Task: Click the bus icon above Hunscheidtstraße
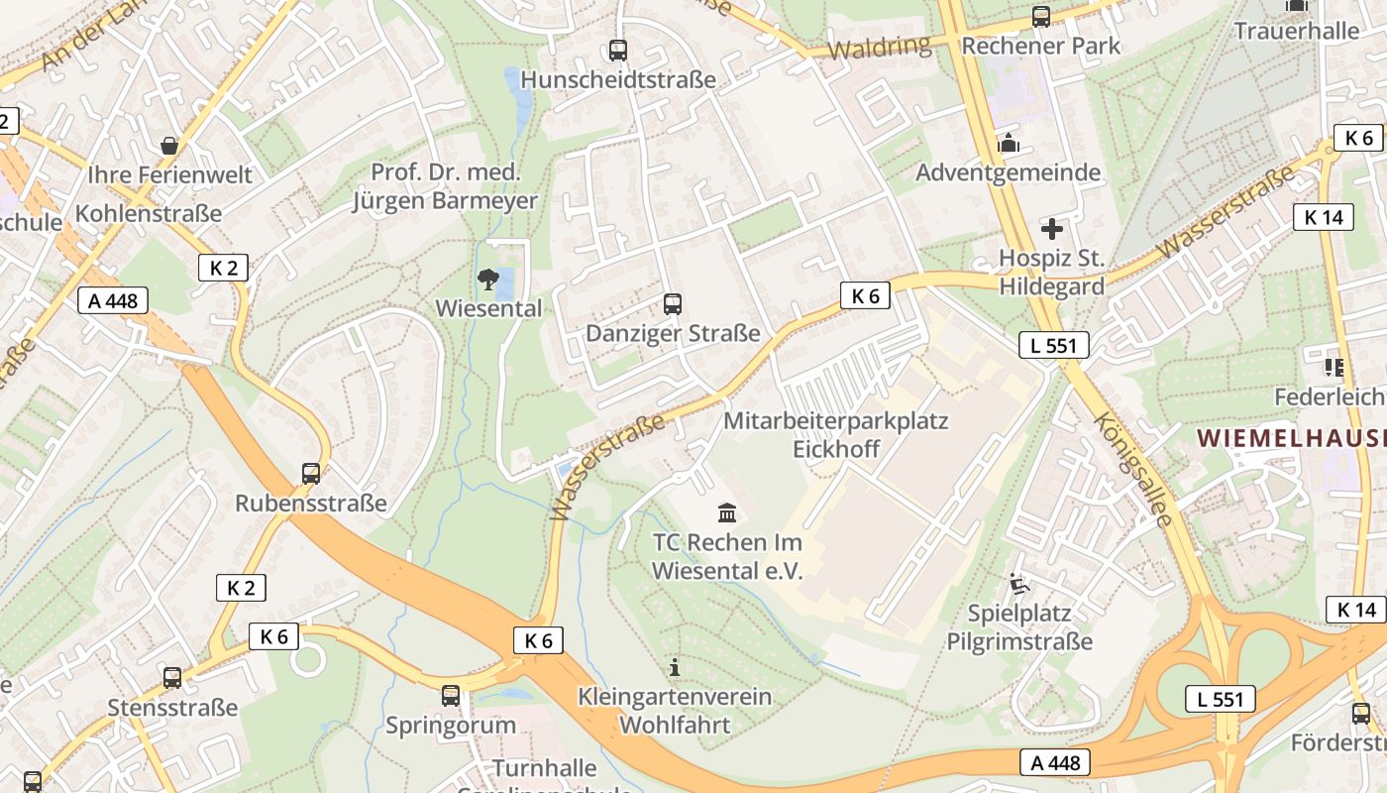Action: click(x=618, y=50)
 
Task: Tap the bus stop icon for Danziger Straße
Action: click(x=673, y=303)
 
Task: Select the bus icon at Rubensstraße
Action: click(x=311, y=474)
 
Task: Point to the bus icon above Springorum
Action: click(x=451, y=695)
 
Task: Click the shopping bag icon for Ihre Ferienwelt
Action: click(x=169, y=146)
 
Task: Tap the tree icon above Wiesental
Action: click(x=487, y=280)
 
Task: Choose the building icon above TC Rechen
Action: click(x=727, y=512)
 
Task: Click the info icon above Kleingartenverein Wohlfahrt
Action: click(x=675, y=667)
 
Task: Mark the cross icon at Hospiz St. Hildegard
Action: click(x=1051, y=230)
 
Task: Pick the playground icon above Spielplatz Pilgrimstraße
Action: click(x=1019, y=584)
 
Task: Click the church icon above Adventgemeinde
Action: click(x=1009, y=144)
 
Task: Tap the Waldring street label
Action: click(x=880, y=47)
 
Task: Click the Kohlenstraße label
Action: click(x=149, y=213)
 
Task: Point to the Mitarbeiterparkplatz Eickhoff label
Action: click(x=835, y=434)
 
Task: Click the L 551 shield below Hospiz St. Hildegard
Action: click(x=1054, y=345)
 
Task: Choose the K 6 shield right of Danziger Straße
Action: click(x=865, y=294)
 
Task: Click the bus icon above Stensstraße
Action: click(x=172, y=678)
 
